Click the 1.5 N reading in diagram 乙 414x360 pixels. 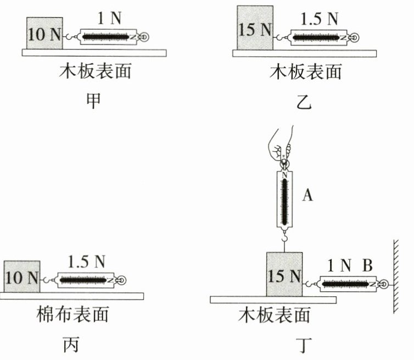pos(320,18)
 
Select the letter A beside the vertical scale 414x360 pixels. pos(307,195)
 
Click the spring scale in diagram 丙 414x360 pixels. pos(88,280)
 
